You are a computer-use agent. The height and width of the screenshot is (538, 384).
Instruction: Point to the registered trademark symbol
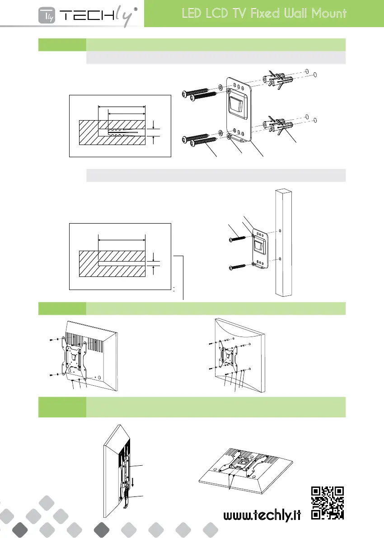136,9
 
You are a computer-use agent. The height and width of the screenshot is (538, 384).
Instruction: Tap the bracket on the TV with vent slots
74,357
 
